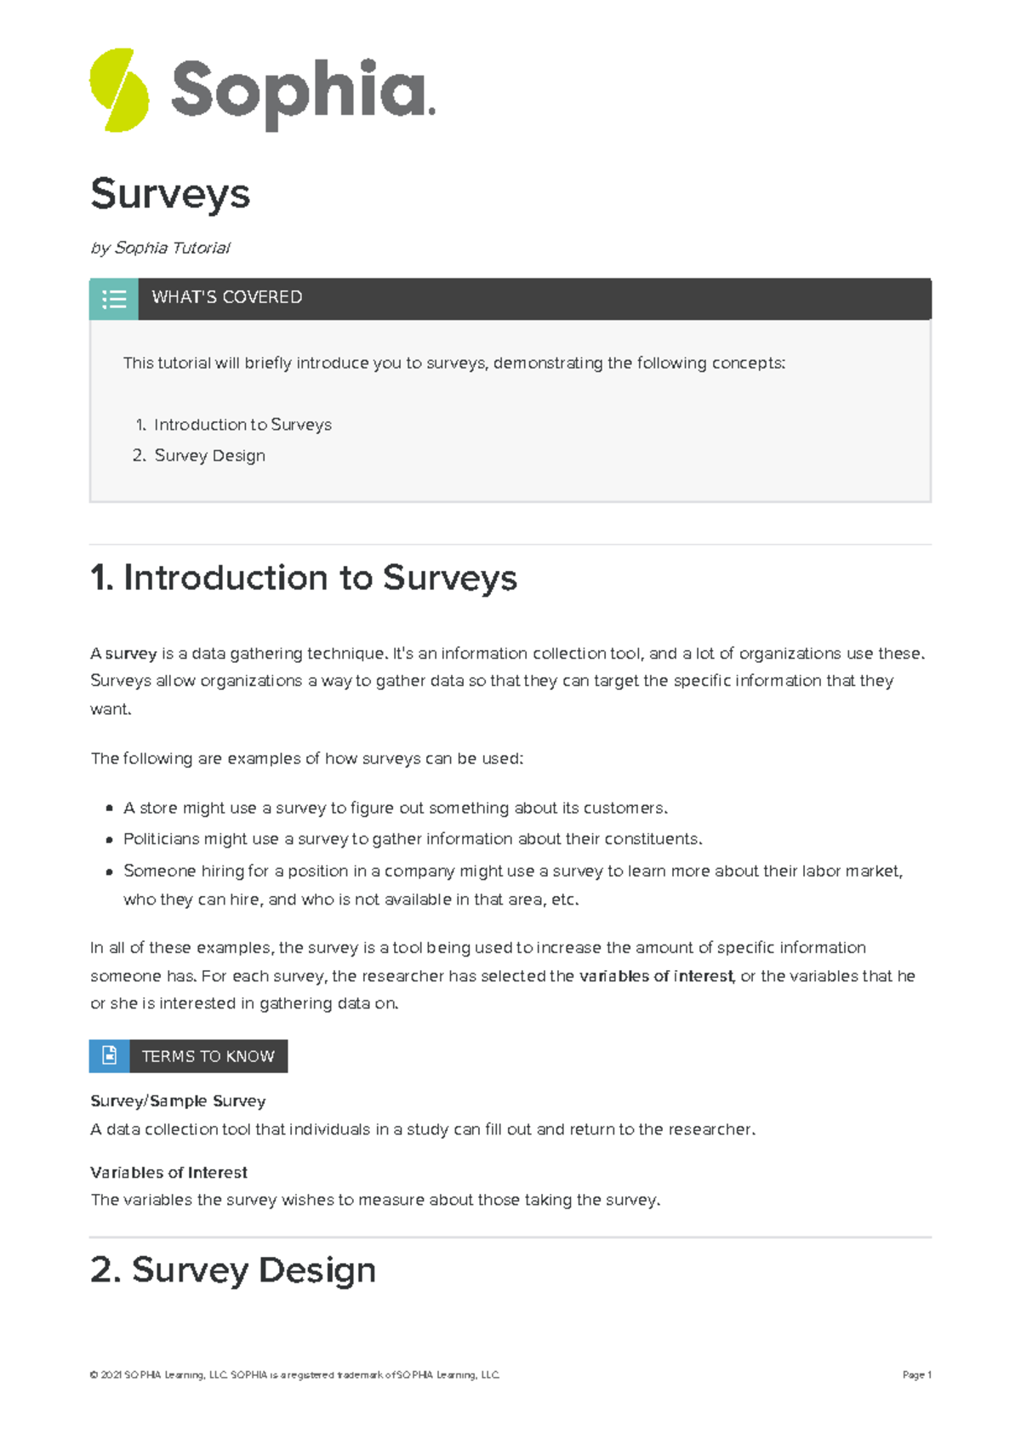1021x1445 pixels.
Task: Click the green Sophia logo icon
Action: click(x=119, y=90)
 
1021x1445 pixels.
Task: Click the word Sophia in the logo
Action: click(x=302, y=91)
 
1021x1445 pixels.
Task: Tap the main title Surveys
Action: click(x=170, y=194)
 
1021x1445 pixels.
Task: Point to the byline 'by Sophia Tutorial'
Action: click(x=160, y=248)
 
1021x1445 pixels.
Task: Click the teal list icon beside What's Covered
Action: click(x=114, y=299)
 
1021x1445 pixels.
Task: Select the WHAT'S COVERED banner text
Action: click(x=227, y=297)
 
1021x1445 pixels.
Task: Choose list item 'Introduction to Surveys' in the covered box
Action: click(x=242, y=425)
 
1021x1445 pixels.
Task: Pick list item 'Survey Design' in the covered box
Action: click(x=209, y=455)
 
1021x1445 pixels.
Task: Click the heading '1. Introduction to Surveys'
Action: click(x=304, y=578)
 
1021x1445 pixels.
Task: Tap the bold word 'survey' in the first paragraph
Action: click(x=131, y=654)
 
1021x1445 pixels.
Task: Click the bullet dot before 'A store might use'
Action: click(x=109, y=808)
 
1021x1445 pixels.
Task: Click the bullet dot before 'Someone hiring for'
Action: click(x=109, y=871)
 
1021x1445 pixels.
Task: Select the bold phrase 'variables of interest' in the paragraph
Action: click(x=656, y=976)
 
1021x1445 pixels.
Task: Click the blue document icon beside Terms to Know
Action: click(x=110, y=1056)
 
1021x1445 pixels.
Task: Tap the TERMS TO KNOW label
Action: click(x=208, y=1056)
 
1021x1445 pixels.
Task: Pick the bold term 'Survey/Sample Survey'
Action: click(x=178, y=1101)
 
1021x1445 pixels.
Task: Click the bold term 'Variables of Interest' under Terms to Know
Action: click(x=168, y=1173)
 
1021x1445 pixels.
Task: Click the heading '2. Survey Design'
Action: click(x=233, y=1270)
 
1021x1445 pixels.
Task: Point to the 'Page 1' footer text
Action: click(x=916, y=1374)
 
